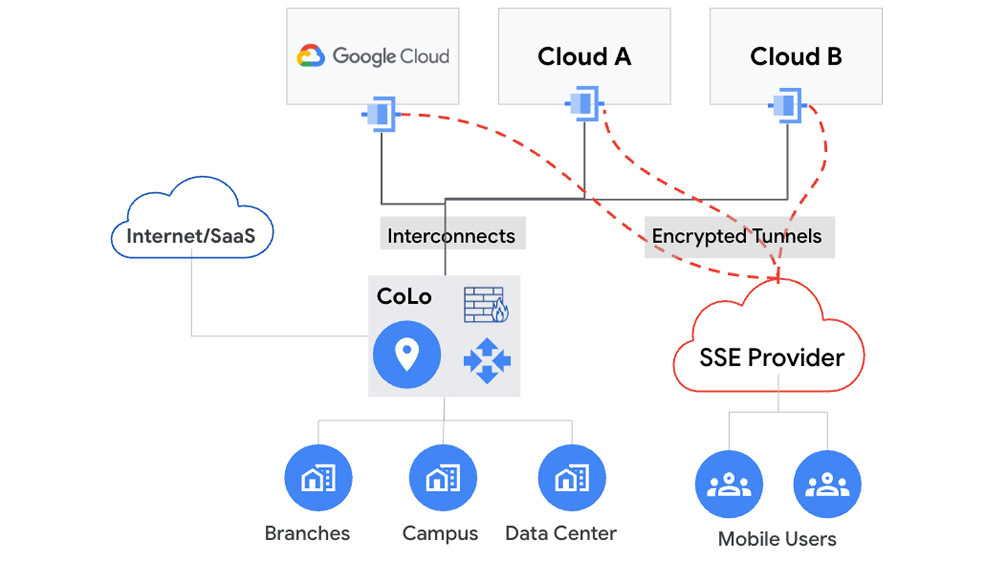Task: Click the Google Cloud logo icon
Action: pyautogui.click(x=311, y=56)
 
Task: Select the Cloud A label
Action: pyautogui.click(x=584, y=56)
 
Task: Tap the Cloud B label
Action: pyautogui.click(x=796, y=56)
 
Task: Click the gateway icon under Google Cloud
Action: pyautogui.click(x=381, y=113)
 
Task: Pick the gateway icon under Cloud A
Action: pyautogui.click(x=584, y=103)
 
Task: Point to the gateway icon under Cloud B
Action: pyautogui.click(x=787, y=105)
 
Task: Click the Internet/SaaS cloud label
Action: pyautogui.click(x=191, y=236)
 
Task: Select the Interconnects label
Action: pyautogui.click(x=451, y=236)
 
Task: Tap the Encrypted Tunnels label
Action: pyautogui.click(x=737, y=236)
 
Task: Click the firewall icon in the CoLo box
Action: pyautogui.click(x=486, y=304)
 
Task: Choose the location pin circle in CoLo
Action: pyautogui.click(x=407, y=355)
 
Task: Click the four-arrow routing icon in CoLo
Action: pyautogui.click(x=487, y=360)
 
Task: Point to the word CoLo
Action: pyautogui.click(x=404, y=297)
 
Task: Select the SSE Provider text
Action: pyautogui.click(x=771, y=357)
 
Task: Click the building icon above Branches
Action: pyautogui.click(x=318, y=478)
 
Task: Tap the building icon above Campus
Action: pyautogui.click(x=443, y=478)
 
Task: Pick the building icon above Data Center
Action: pyautogui.click(x=572, y=478)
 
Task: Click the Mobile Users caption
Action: pyautogui.click(x=777, y=539)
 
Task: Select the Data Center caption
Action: pyautogui.click(x=561, y=533)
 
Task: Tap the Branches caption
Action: pyautogui.click(x=307, y=533)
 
